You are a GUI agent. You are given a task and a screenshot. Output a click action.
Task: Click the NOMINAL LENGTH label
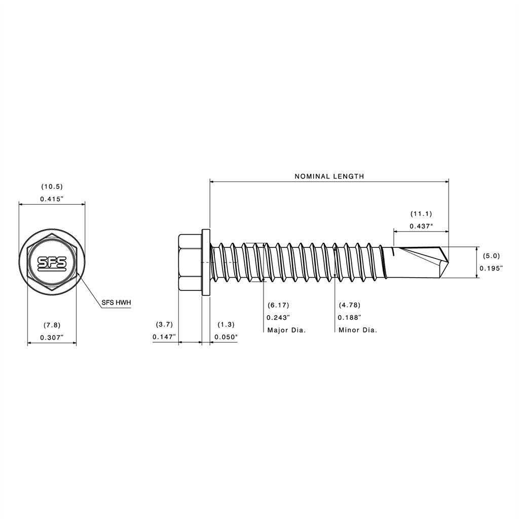click(329, 176)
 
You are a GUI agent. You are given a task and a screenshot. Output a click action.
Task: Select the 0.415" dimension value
click(52, 199)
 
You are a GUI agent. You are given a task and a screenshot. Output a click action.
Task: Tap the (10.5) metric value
click(52, 187)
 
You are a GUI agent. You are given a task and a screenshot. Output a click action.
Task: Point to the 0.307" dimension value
click(52, 337)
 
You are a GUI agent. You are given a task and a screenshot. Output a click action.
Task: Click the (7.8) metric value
click(52, 324)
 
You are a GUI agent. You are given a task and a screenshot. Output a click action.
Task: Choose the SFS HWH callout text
click(117, 303)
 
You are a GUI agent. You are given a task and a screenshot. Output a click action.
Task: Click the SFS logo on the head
click(52, 263)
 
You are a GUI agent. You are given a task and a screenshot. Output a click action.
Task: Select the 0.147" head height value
click(164, 337)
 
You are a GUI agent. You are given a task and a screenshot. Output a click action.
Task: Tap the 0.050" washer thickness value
click(226, 337)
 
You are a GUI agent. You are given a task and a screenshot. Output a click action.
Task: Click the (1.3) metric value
click(226, 324)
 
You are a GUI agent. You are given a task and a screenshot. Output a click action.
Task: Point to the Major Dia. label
click(287, 330)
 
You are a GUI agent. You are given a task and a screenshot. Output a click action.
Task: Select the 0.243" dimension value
click(278, 318)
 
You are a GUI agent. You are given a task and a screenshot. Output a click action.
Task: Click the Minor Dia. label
click(358, 330)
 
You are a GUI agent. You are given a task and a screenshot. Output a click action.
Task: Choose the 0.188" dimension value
click(349, 318)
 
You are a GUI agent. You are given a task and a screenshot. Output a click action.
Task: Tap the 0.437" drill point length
click(421, 226)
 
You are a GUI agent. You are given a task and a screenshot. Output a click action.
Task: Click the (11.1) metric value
click(421, 214)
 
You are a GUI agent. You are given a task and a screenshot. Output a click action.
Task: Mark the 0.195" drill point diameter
click(491, 268)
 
